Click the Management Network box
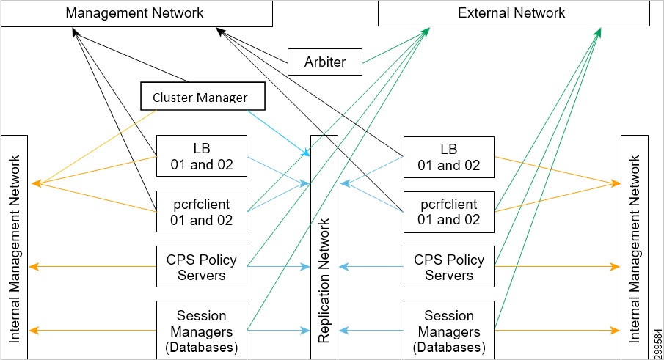pos(136,14)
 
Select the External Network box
pos(511,14)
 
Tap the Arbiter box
pos(325,62)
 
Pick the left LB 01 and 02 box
pos(201,156)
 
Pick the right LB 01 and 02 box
pos(448,156)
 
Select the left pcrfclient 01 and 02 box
pos(201,211)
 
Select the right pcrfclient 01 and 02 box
pos(448,211)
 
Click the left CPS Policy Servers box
pos(201,267)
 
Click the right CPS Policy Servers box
pos(448,267)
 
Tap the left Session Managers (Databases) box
pos(201,329)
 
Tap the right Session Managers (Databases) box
pos(448,329)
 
